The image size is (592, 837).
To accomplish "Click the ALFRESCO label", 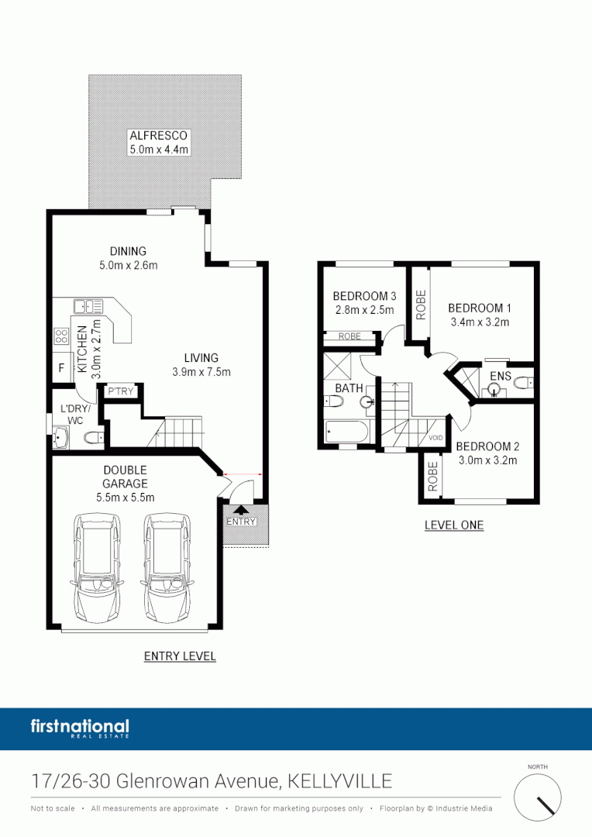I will [158, 135].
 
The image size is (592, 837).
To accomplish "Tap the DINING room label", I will [127, 251].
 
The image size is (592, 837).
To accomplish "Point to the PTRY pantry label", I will [122, 391].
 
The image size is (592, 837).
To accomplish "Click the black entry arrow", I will [241, 510].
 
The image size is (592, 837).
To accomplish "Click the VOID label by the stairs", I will [436, 438].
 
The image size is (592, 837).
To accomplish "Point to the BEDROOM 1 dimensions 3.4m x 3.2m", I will [480, 322].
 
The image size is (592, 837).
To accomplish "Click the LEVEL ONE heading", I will [453, 525].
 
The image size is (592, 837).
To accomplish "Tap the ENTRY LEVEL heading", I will [180, 656].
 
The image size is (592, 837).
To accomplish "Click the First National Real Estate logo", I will [80, 728].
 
